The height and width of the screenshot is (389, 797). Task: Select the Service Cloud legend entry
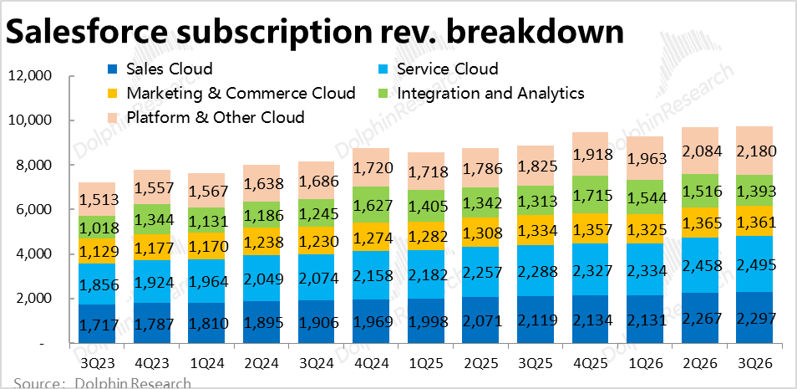pyautogui.click(x=448, y=69)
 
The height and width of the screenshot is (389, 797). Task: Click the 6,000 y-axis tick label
pyautogui.click(x=33, y=210)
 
